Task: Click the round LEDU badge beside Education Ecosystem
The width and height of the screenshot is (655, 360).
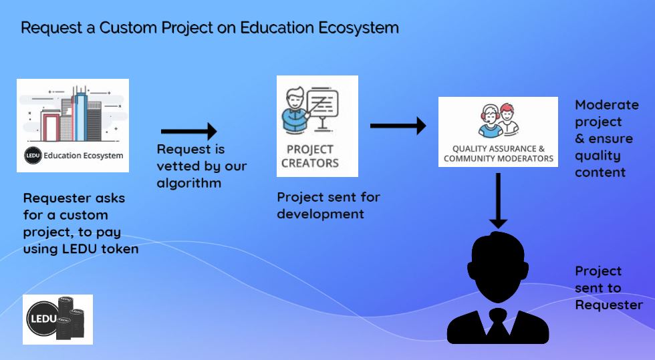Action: point(33,156)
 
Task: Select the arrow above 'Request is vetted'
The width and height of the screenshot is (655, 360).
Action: point(189,130)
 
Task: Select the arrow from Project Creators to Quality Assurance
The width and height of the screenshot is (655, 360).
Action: point(398,125)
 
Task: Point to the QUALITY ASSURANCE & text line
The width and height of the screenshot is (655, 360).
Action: point(499,148)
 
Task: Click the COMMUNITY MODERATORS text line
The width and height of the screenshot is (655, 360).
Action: point(499,159)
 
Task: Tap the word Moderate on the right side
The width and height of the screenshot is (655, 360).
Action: point(607,105)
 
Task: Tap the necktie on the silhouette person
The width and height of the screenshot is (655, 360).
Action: point(497,324)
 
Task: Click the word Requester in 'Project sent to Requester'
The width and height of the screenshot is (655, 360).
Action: point(609,305)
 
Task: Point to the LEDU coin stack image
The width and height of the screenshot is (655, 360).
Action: point(58,319)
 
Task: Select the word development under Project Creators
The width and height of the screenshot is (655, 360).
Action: point(320,214)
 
